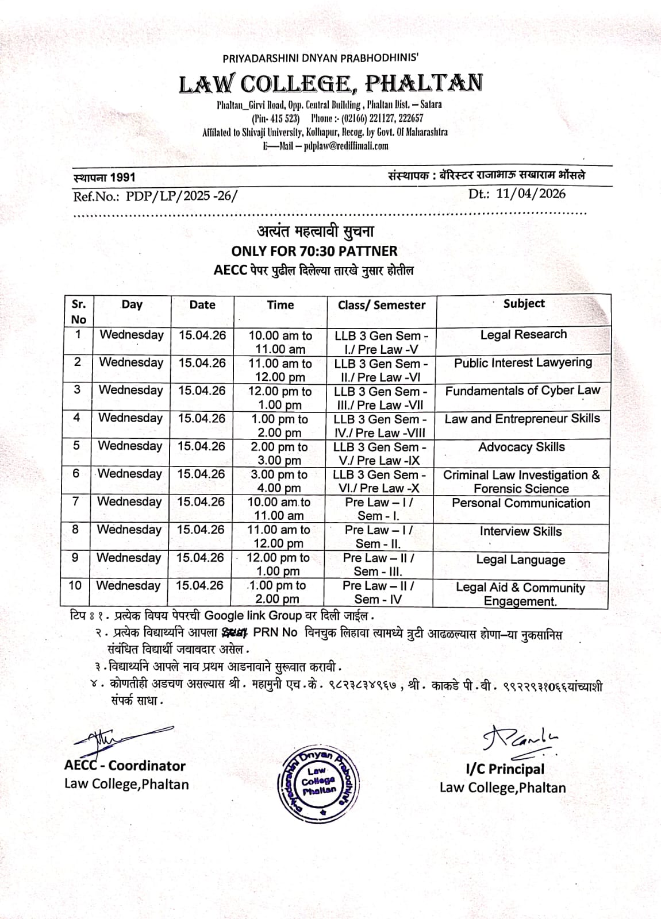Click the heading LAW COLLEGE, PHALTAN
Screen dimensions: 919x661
[330, 84]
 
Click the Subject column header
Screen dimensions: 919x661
[524, 304]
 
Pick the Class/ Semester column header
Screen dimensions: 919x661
[382, 306]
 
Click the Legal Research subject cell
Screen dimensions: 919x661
[523, 334]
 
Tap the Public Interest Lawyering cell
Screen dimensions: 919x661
[522, 363]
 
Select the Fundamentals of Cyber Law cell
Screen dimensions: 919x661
[522, 391]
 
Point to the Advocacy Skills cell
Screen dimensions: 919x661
[521, 447]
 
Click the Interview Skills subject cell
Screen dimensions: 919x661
[521, 531]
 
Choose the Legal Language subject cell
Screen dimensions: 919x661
[520, 559]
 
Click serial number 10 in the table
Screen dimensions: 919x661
[75, 585]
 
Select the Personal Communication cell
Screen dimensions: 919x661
[521, 503]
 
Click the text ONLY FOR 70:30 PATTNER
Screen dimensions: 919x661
[314, 251]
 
